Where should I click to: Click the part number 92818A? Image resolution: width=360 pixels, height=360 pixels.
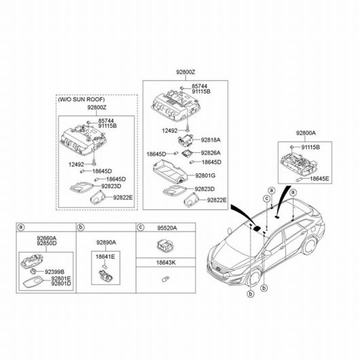[x=211, y=140]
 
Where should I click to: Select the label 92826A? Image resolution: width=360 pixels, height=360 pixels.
[x=211, y=153]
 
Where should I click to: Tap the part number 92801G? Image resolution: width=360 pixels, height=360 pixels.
[x=205, y=176]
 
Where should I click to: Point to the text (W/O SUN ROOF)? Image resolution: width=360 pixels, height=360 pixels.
[x=82, y=99]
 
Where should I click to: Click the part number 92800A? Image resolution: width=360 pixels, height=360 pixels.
[x=306, y=133]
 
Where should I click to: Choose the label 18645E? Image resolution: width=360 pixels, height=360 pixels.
[x=319, y=179]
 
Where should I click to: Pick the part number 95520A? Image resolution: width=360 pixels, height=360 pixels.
[x=167, y=228]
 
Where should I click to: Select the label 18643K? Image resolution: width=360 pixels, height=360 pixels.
[x=166, y=262]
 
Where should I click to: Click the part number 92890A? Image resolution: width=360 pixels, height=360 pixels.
[x=106, y=242]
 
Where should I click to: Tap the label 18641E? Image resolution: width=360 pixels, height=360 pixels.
[x=105, y=257]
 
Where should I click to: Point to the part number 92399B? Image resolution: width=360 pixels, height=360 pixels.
[x=54, y=272]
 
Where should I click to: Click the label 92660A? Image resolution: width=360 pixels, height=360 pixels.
[x=47, y=238]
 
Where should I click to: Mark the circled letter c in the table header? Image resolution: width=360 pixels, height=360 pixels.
[x=141, y=228]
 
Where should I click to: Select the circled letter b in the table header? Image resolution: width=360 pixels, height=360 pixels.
[x=81, y=228]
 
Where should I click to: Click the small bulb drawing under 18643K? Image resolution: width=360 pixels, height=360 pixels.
[x=165, y=279]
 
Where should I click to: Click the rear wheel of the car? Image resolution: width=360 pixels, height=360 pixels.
[x=309, y=247]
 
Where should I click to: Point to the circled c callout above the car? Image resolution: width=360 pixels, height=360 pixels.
[x=267, y=198]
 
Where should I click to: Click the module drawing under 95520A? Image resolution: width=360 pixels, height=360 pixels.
[x=164, y=245]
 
